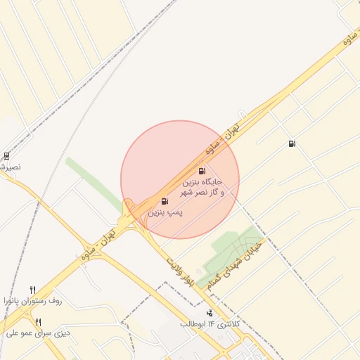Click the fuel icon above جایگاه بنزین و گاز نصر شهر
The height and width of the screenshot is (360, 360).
202,171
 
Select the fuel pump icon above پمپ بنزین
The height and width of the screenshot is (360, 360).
165,202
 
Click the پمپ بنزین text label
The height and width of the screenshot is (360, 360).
165,212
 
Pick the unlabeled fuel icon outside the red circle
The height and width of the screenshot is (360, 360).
292,144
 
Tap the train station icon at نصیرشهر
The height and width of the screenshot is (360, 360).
6,156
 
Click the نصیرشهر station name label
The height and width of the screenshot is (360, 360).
10,167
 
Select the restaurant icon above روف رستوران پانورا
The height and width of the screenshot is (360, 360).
32,290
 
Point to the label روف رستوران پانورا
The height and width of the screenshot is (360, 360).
33,300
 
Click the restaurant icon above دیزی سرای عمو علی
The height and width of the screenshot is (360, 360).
38,322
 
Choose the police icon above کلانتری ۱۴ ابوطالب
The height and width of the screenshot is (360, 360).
209,313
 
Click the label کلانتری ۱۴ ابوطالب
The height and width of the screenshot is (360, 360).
210,324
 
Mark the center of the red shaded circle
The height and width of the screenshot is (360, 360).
180,179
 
